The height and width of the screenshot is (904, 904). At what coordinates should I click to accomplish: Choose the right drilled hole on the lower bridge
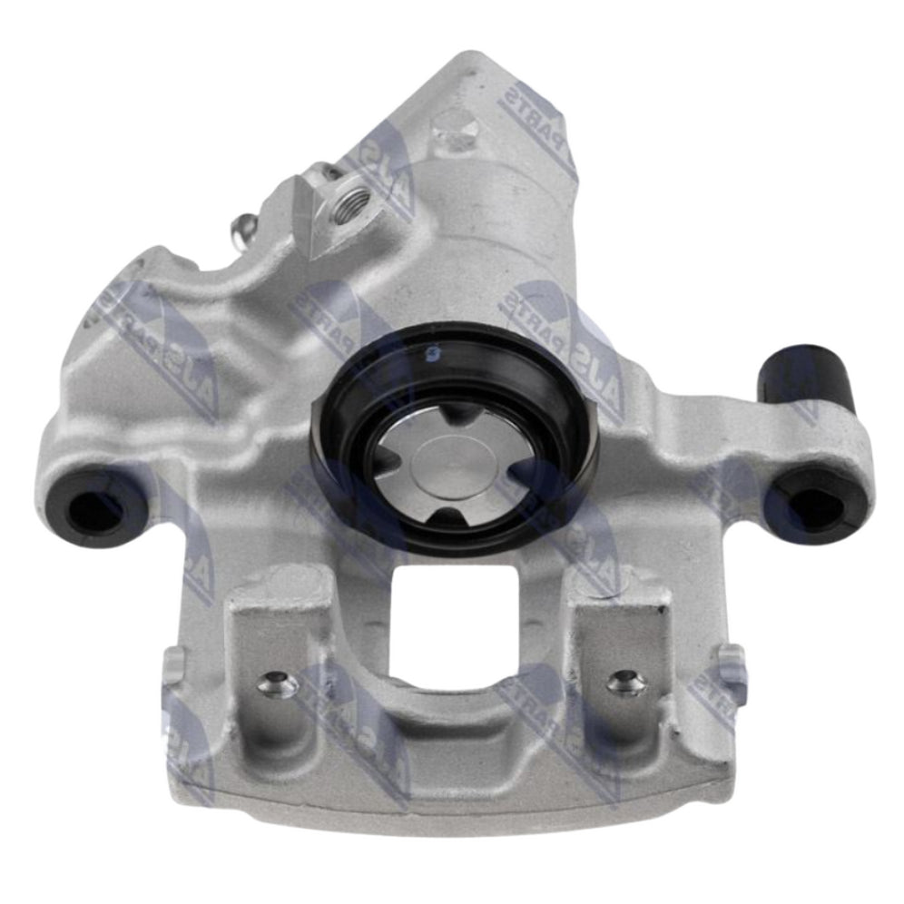625,683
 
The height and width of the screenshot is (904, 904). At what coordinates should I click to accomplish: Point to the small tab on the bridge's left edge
172,668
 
